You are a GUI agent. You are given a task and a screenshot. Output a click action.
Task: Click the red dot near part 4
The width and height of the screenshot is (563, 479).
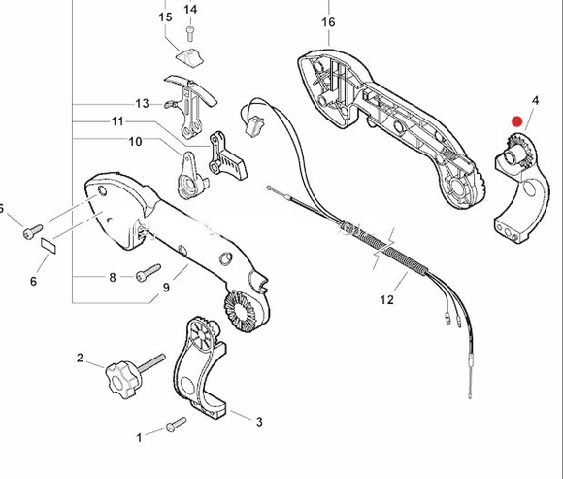[x=516, y=122]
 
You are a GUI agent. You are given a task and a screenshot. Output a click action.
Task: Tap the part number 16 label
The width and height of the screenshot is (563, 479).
[x=327, y=21]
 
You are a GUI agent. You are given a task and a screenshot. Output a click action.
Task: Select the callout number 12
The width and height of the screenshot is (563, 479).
[x=387, y=300]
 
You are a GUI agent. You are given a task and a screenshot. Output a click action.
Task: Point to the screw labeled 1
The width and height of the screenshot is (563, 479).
[x=176, y=423]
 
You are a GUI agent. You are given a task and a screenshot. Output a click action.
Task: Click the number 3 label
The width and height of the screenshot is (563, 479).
[x=259, y=422]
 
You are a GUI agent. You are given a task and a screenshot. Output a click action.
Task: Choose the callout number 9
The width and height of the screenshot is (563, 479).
[x=166, y=287]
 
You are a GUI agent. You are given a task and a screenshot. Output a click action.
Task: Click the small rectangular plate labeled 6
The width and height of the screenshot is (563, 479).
[x=49, y=244]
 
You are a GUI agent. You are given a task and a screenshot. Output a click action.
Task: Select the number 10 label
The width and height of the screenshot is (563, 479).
[x=135, y=142]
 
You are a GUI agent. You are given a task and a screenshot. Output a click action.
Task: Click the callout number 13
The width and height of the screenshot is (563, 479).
[x=142, y=103]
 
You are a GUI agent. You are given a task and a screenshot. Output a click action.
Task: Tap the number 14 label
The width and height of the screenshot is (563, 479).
[x=190, y=10]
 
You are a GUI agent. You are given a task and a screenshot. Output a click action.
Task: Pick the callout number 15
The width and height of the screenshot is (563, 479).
[x=165, y=17]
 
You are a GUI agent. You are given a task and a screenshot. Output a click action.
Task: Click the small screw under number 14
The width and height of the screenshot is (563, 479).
[x=191, y=34]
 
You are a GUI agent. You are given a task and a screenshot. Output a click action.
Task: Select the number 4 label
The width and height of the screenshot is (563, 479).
[x=535, y=101]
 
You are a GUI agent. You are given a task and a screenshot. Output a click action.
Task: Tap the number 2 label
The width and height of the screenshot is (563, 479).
[x=81, y=358]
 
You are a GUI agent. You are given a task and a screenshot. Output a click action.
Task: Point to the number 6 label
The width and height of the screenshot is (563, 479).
[x=33, y=282]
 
